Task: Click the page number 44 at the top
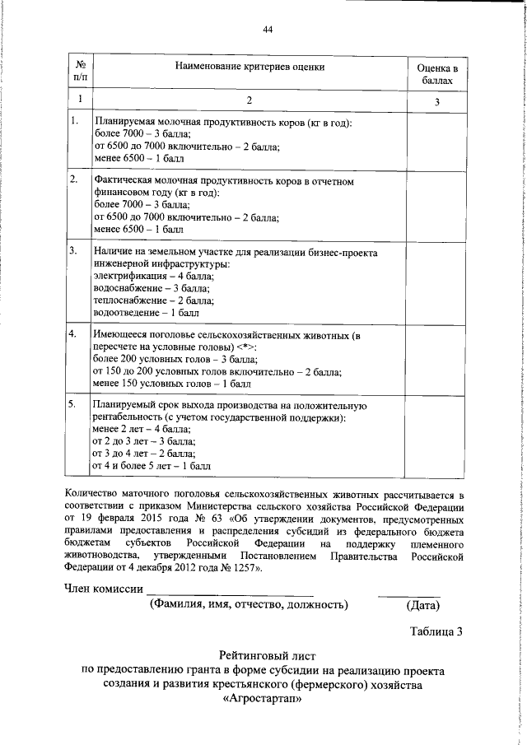pyautogui.click(x=267, y=30)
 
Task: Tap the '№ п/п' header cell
pyautogui.click(x=80, y=70)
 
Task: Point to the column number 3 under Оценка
pyautogui.click(x=436, y=100)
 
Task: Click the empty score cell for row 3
pyautogui.click(x=436, y=280)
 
